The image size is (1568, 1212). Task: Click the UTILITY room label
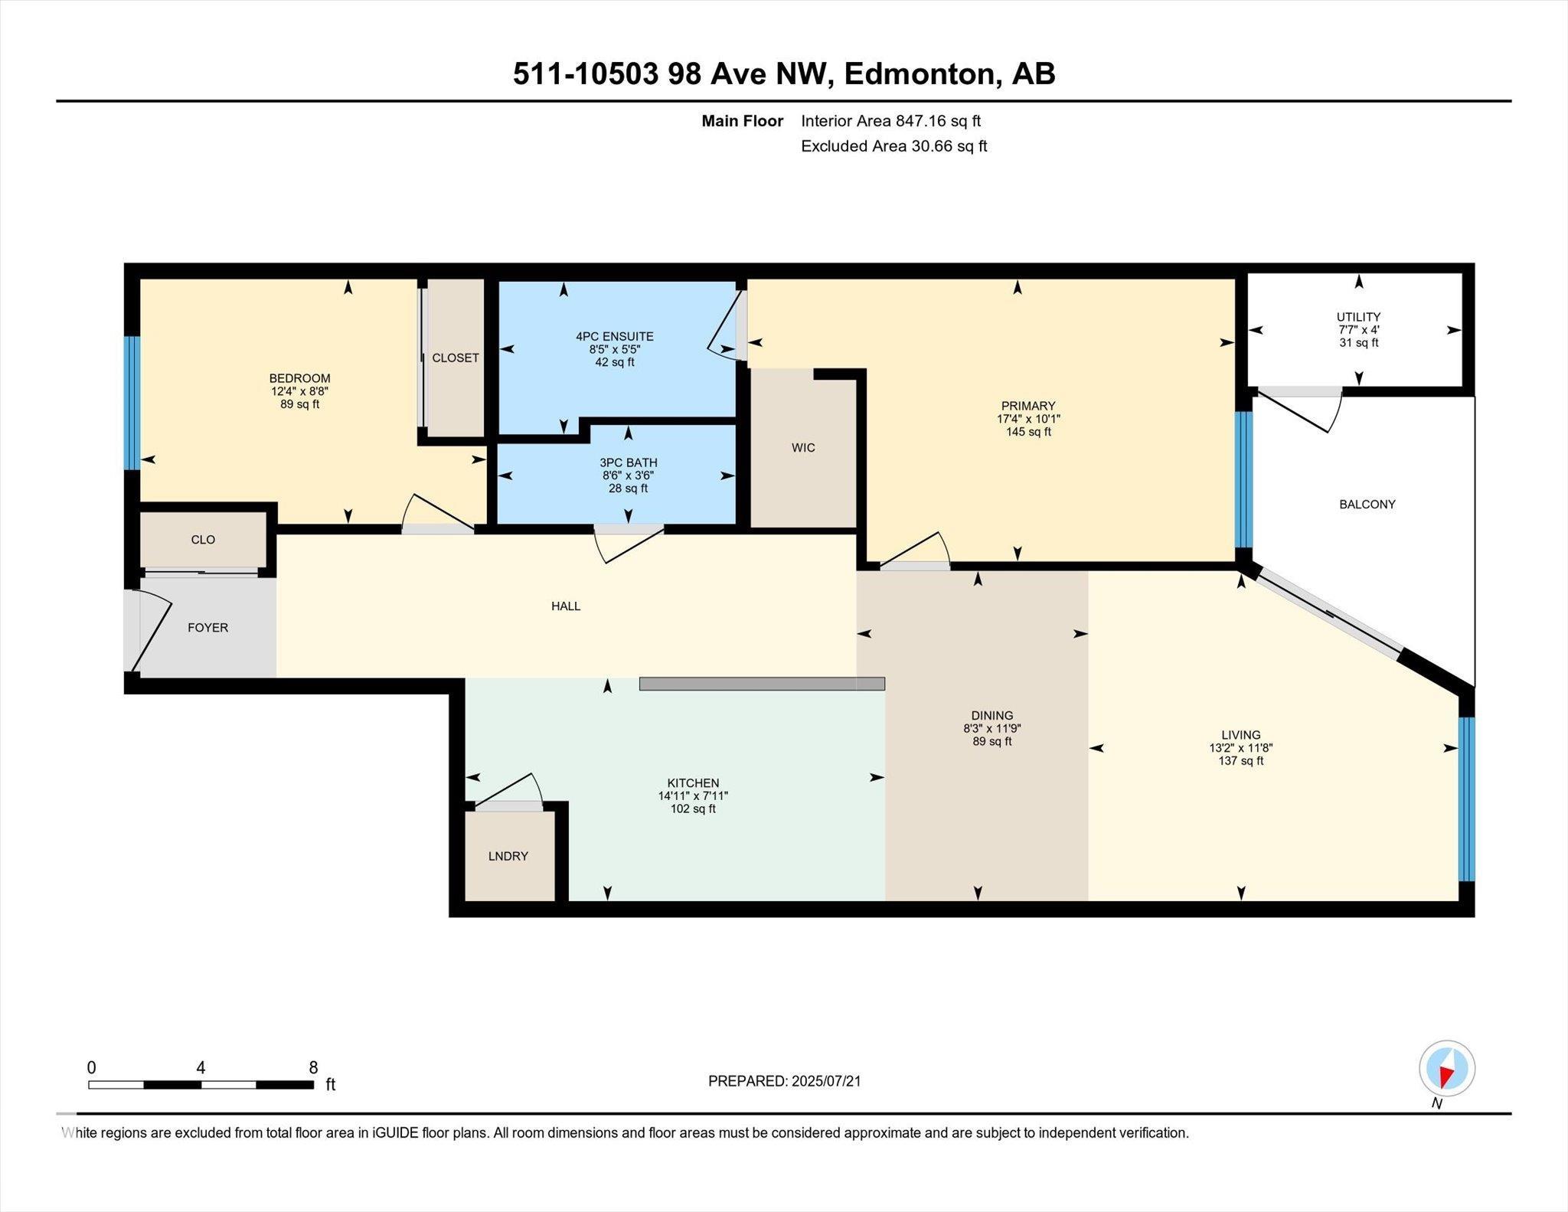[1358, 317]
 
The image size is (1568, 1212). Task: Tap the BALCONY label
[1367, 505]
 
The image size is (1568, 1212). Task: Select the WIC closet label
[803, 448]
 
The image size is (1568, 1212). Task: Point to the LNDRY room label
[508, 856]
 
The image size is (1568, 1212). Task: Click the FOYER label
[207, 628]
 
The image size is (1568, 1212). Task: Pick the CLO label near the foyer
[203, 540]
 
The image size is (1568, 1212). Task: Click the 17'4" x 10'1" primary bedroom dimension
[1027, 419]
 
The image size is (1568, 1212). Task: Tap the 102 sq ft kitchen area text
[692, 809]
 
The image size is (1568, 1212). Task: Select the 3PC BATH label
[628, 463]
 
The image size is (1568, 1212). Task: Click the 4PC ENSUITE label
[614, 336]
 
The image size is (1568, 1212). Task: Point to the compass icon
[1446, 1069]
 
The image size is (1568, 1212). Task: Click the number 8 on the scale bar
[313, 1067]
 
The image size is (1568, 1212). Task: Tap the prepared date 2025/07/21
[826, 1081]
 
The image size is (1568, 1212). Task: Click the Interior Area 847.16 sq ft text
[890, 121]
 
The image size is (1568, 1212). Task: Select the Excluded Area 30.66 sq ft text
[893, 146]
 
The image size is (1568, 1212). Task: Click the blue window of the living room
[1465, 799]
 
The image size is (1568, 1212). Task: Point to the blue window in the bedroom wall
[132, 403]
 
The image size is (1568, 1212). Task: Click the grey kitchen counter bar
[761, 684]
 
